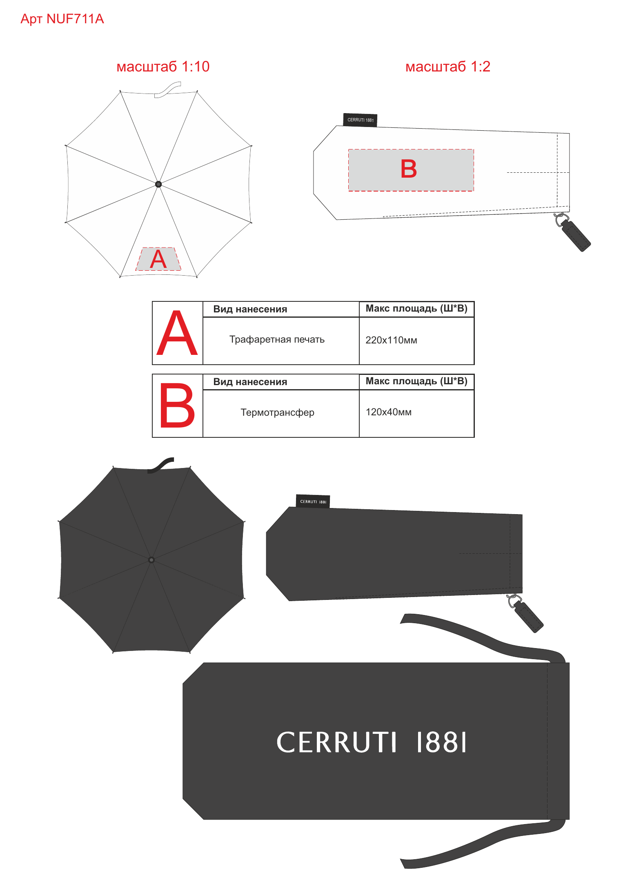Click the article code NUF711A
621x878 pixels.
point(75,19)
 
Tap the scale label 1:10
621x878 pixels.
point(195,67)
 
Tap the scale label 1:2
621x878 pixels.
point(480,67)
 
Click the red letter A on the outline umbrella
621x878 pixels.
point(158,259)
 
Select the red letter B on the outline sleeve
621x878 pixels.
point(409,169)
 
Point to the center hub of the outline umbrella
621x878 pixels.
point(158,184)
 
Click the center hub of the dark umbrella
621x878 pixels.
point(151,560)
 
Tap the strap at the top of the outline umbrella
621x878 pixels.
point(167,90)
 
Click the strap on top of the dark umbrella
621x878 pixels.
point(161,465)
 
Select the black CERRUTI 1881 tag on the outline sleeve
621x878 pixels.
point(360,120)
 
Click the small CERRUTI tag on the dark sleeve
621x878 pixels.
point(313,501)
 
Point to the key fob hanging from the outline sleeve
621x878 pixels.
point(573,232)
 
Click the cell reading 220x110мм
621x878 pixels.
point(391,340)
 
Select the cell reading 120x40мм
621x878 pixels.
point(388,412)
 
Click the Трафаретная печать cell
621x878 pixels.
point(277,339)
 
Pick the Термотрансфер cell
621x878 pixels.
point(277,412)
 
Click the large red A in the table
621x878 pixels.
point(177,333)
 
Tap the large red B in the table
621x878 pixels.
point(177,406)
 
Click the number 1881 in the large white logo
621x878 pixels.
point(441,742)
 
